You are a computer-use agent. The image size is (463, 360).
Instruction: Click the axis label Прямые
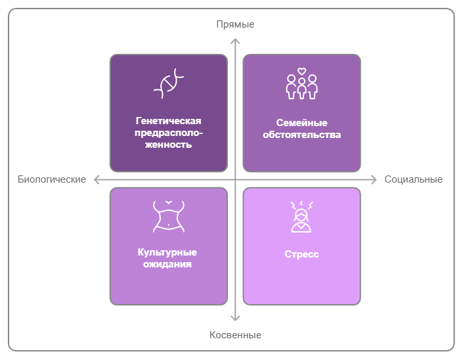(x=235, y=24)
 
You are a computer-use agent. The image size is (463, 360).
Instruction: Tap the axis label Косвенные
(x=235, y=335)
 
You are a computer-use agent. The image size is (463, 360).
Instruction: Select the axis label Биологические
(x=52, y=179)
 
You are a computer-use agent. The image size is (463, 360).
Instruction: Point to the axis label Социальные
(x=413, y=179)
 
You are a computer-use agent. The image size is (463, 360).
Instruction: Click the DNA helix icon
(x=168, y=84)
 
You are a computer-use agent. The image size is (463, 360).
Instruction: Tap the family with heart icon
(x=301, y=85)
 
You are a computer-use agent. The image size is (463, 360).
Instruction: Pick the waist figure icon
(x=168, y=216)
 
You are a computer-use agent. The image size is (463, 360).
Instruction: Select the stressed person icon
(x=301, y=217)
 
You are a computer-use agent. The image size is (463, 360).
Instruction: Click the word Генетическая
(x=168, y=121)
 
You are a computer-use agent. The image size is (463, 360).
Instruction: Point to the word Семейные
(x=301, y=123)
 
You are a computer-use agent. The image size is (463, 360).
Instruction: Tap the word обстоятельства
(x=301, y=135)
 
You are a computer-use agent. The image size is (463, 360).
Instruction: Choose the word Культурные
(x=167, y=252)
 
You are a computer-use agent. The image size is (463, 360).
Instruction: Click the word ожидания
(x=168, y=265)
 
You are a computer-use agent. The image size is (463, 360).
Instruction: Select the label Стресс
(x=301, y=254)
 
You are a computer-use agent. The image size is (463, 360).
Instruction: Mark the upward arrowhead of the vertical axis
(x=235, y=41)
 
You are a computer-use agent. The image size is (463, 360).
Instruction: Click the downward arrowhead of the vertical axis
(x=235, y=319)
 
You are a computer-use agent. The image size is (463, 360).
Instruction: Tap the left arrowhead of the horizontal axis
(x=97, y=179)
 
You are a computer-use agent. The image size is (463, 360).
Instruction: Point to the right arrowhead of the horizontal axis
(x=372, y=179)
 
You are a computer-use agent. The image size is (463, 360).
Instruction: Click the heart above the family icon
(x=301, y=71)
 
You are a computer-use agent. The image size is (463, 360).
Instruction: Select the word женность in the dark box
(x=168, y=145)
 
